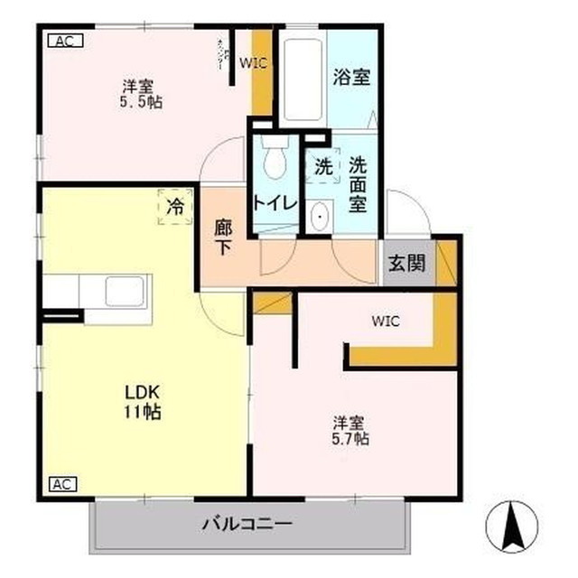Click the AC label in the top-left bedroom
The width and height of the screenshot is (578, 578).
coord(62,41)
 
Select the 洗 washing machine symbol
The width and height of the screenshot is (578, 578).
coord(322,166)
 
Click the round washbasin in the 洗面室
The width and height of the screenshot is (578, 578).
coord(318,218)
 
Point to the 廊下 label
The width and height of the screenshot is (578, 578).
coord(223,238)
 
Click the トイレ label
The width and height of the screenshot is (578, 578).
coord(275,203)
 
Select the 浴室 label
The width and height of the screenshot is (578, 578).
coord(351,77)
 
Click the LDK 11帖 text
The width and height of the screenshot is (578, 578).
coord(143,403)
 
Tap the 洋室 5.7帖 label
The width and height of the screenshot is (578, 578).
coord(350,430)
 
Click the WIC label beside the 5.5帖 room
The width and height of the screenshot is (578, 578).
coord(252,62)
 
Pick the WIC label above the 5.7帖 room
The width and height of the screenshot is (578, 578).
coord(385,321)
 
